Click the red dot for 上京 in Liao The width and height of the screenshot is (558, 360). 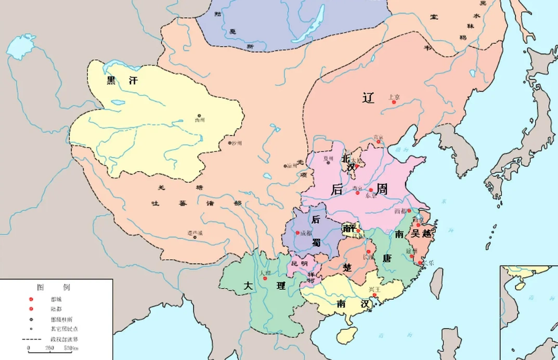pos(394,102)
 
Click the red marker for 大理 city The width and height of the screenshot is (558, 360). pos(265,278)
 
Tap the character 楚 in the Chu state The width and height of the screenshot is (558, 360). pos(347,266)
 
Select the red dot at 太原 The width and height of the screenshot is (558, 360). pos(357,167)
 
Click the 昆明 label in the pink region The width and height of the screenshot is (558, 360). pos(300,264)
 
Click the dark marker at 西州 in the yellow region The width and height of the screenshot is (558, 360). pos(199,115)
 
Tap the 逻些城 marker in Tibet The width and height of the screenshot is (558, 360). pos(195,237)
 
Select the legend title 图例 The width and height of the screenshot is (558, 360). pos(54,287)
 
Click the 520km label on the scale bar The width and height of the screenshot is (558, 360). pos(71,348)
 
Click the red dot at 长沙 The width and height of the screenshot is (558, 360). pos(368,252)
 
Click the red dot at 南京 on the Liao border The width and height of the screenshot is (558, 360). pos(379,143)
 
